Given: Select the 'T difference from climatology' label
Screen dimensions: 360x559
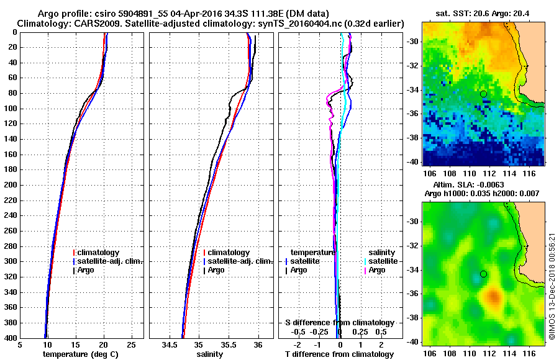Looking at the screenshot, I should [x=339, y=354].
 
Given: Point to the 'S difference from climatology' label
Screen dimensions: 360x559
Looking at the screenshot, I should [x=339, y=323].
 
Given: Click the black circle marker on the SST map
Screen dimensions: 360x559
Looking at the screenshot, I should [x=483, y=94].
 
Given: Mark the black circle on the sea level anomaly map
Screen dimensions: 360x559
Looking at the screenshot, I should [x=483, y=274].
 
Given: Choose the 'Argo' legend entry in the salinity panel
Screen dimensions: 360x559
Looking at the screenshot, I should [x=216, y=270].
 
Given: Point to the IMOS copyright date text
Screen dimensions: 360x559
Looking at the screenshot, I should [x=552, y=286].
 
